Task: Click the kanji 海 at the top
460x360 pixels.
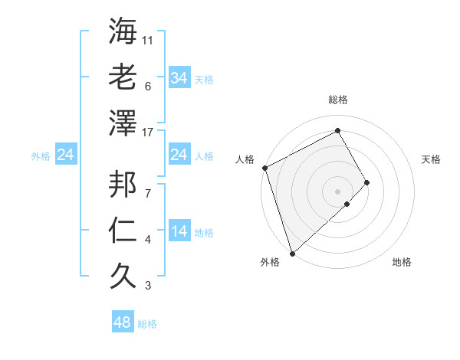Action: click(123, 32)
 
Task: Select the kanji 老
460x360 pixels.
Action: click(123, 77)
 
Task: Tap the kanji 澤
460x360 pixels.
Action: click(123, 123)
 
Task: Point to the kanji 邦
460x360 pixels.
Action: click(123, 184)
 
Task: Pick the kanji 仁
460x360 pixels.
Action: click(123, 231)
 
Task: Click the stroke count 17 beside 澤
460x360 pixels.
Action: click(149, 132)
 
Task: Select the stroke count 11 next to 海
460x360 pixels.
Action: click(149, 40)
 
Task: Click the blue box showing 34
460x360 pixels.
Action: click(179, 78)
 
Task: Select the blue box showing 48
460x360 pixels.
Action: click(123, 322)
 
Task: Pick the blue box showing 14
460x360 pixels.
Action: click(179, 231)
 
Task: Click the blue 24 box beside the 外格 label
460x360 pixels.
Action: click(65, 155)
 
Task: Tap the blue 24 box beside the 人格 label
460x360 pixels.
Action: click(179, 155)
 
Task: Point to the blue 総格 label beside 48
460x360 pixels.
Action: click(147, 324)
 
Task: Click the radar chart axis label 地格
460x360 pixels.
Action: click(402, 263)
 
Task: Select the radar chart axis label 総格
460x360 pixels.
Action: click(337, 100)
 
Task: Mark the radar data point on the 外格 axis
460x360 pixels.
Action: click(292, 252)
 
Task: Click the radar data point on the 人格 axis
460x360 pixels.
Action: click(264, 168)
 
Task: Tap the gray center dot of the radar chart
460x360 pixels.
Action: click(337, 191)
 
